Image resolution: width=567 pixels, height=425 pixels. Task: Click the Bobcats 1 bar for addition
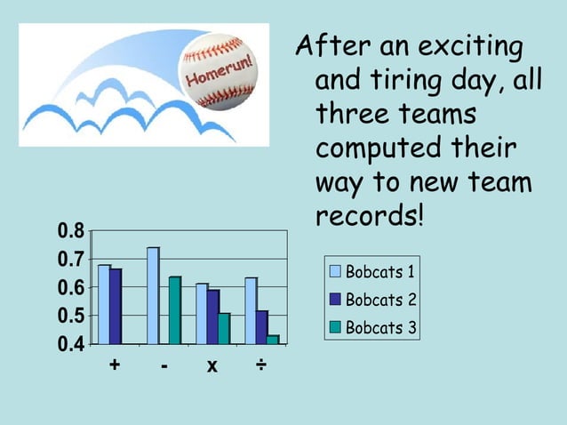pyautogui.click(x=104, y=303)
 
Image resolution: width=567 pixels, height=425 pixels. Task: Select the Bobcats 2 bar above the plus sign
pyautogui.click(x=116, y=306)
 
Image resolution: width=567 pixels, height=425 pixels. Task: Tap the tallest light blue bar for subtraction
pyautogui.click(x=153, y=295)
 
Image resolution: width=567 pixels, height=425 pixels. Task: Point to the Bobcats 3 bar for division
pyautogui.click(x=273, y=339)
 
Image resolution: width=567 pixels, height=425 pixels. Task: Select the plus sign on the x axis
pyautogui.click(x=115, y=365)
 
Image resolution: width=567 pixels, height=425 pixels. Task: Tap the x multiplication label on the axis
pyautogui.click(x=213, y=366)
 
